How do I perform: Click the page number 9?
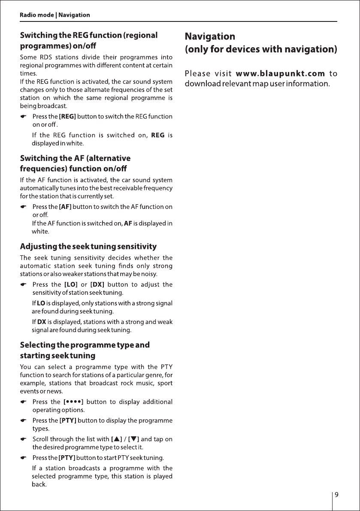[337, 494]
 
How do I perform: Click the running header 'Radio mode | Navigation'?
[55, 15]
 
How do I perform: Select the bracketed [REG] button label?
[67, 116]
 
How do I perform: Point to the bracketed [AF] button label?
[65, 207]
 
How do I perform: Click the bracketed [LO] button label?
[70, 284]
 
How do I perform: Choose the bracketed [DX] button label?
[98, 284]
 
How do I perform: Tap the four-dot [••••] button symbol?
[73, 402]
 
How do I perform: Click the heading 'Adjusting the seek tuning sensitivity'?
[88, 247]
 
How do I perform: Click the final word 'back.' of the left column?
[39, 485]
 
